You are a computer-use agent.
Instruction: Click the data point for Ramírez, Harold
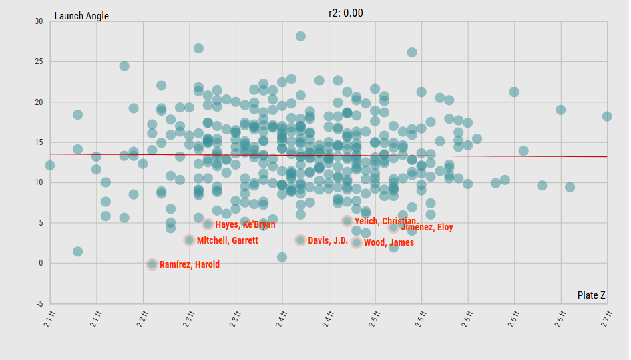pyautogui.click(x=152, y=264)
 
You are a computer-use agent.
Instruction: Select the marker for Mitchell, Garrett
pyautogui.click(x=190, y=240)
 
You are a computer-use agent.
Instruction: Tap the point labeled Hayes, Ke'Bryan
pyautogui.click(x=208, y=224)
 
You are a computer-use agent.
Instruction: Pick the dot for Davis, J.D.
pyautogui.click(x=301, y=240)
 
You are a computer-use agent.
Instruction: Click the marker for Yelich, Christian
pyautogui.click(x=347, y=221)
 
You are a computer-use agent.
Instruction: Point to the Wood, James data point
pyautogui.click(x=357, y=242)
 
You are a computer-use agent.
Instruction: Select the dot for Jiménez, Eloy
pyautogui.click(x=394, y=227)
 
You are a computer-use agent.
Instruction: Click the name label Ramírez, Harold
pyautogui.click(x=190, y=265)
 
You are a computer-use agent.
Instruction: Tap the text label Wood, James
pyautogui.click(x=389, y=243)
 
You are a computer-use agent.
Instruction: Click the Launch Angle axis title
pyautogui.click(x=81, y=16)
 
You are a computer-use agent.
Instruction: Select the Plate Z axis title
pyautogui.click(x=592, y=295)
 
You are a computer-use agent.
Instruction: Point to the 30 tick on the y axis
pyautogui.click(x=38, y=21)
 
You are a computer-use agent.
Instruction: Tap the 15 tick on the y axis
pyautogui.click(x=38, y=142)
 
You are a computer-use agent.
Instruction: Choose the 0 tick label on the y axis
pyautogui.click(x=40, y=263)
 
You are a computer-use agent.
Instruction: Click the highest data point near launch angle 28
pyautogui.click(x=300, y=36)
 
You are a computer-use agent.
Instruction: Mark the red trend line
pyautogui.click(x=467, y=156)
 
